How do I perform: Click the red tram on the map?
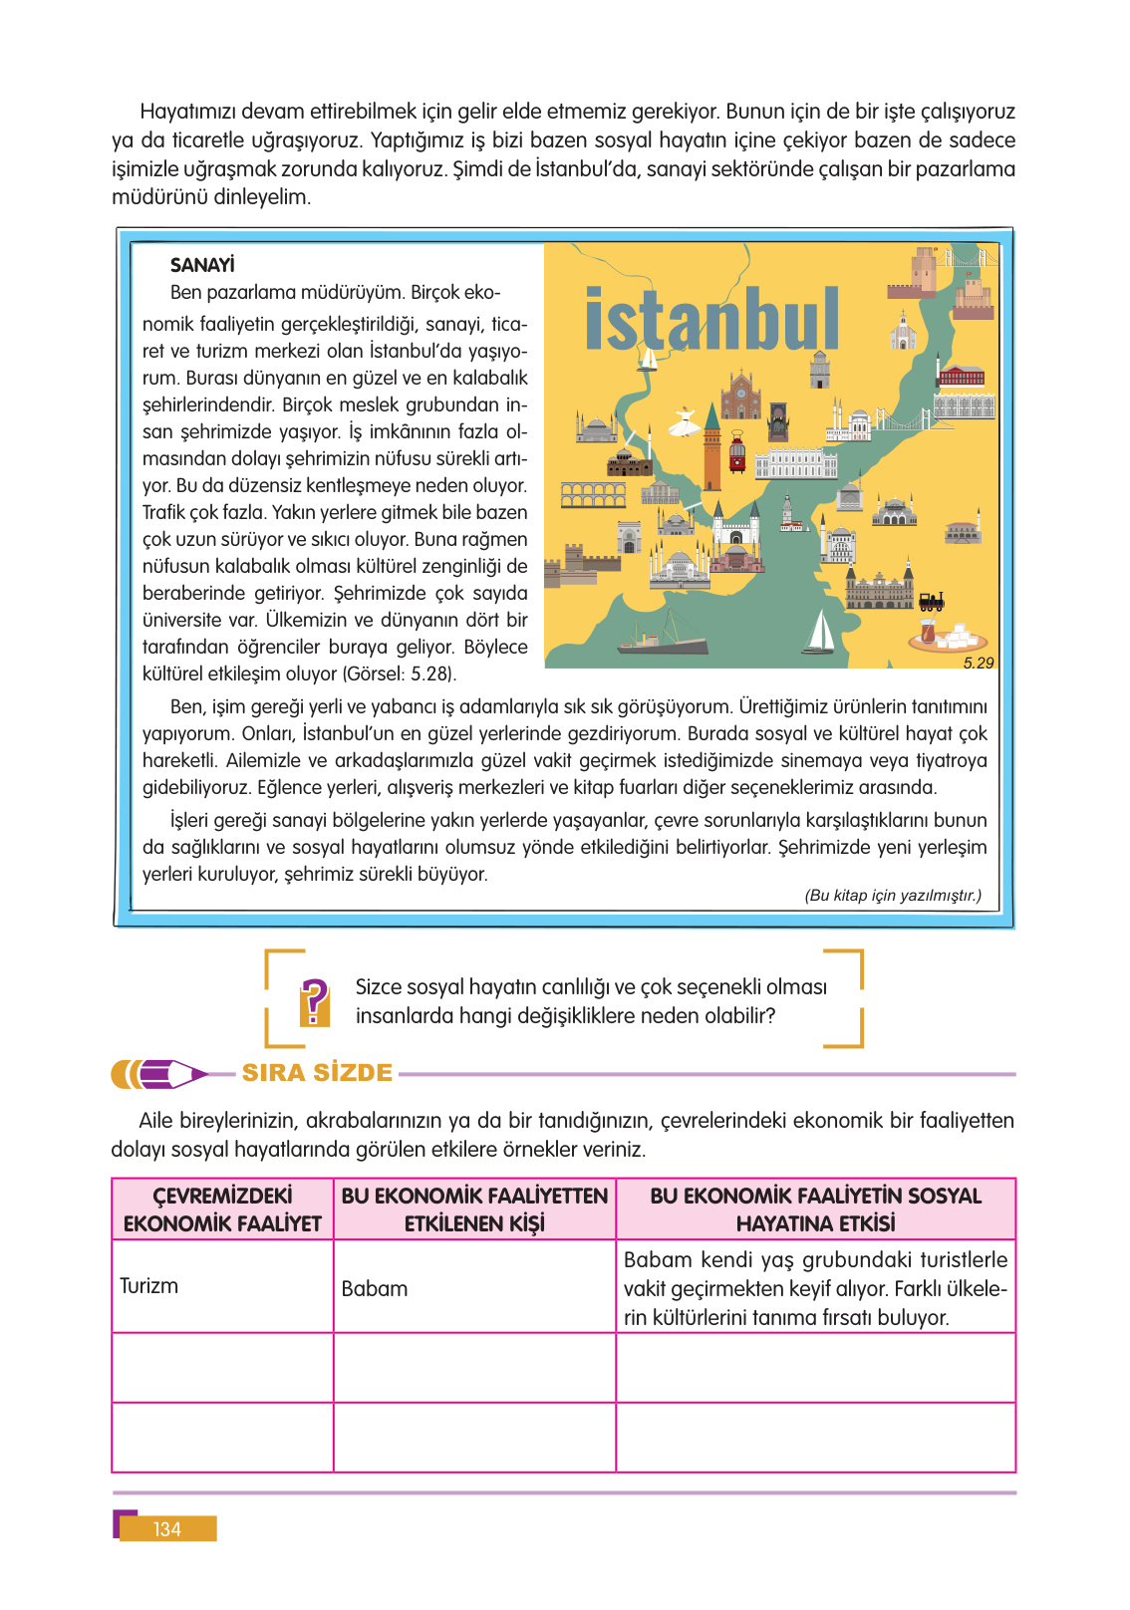click(737, 451)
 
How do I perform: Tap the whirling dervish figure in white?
click(683, 422)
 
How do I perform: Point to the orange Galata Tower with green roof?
click(712, 448)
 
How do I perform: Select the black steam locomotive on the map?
click(932, 600)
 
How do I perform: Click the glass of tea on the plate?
click(929, 631)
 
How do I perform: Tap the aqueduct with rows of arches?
click(593, 494)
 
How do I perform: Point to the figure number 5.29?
click(978, 663)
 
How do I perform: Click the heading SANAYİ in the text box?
click(202, 265)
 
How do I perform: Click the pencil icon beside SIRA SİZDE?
click(159, 1074)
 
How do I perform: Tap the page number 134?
click(167, 1529)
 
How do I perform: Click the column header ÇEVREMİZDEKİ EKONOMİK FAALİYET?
click(222, 1209)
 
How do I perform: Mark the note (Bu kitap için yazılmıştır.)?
click(893, 896)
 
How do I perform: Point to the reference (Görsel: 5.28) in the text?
click(399, 674)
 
